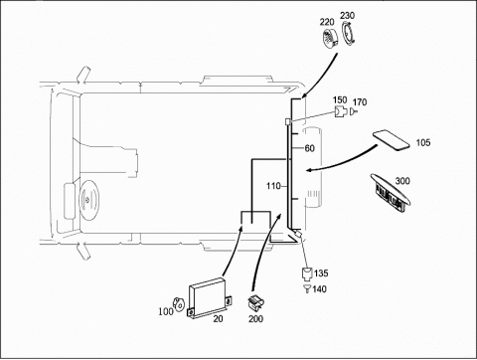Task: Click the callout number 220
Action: point(327,22)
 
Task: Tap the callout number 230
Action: point(347,16)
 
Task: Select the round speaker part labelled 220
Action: point(330,39)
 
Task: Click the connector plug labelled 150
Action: point(340,111)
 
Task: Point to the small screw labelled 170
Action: point(353,112)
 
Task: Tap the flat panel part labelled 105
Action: point(392,140)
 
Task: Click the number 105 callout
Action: point(423,143)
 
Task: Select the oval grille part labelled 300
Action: point(390,192)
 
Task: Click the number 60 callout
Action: point(309,148)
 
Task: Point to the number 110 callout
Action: point(273,186)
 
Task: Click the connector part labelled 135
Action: point(307,273)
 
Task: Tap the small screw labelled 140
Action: point(307,288)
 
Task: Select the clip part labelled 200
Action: point(256,302)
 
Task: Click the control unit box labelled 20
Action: point(210,297)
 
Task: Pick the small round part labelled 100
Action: point(178,304)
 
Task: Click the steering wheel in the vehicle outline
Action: point(88,200)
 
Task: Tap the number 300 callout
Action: point(402,181)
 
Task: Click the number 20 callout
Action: point(218,318)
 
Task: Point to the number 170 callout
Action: point(360,102)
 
